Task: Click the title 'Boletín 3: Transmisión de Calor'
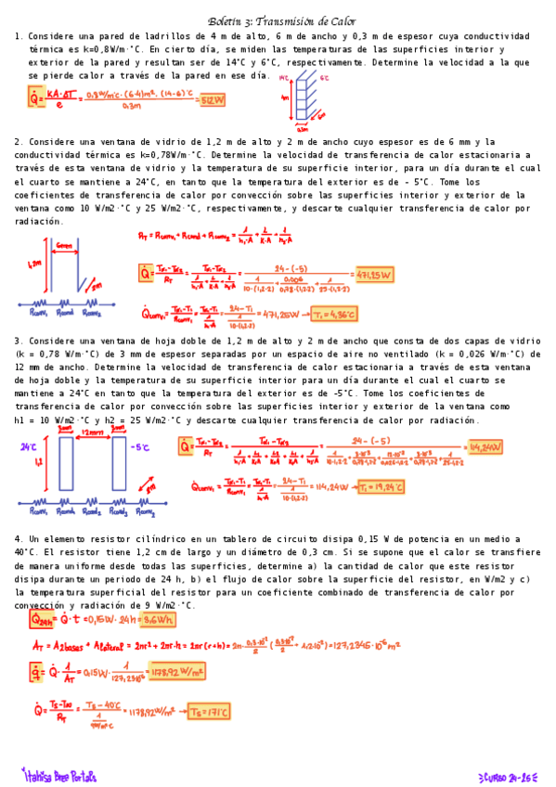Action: (281, 20)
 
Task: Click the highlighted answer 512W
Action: (213, 99)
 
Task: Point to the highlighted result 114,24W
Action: (485, 447)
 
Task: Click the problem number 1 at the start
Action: (18, 36)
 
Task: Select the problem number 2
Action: (18, 142)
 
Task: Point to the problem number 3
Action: (18, 341)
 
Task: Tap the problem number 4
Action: (18, 539)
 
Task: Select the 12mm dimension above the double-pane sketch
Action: (93, 433)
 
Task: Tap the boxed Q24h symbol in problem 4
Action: (42, 618)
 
